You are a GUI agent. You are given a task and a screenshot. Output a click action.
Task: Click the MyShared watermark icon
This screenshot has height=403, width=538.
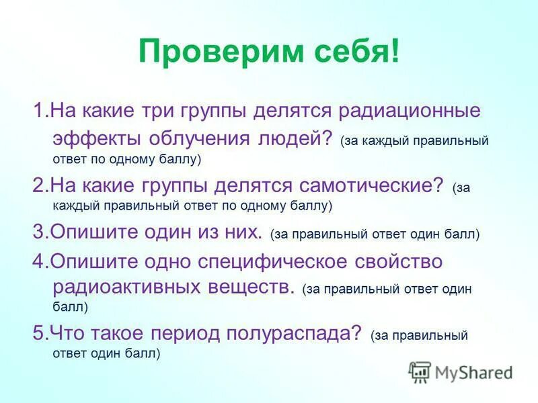tap(420, 371)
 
